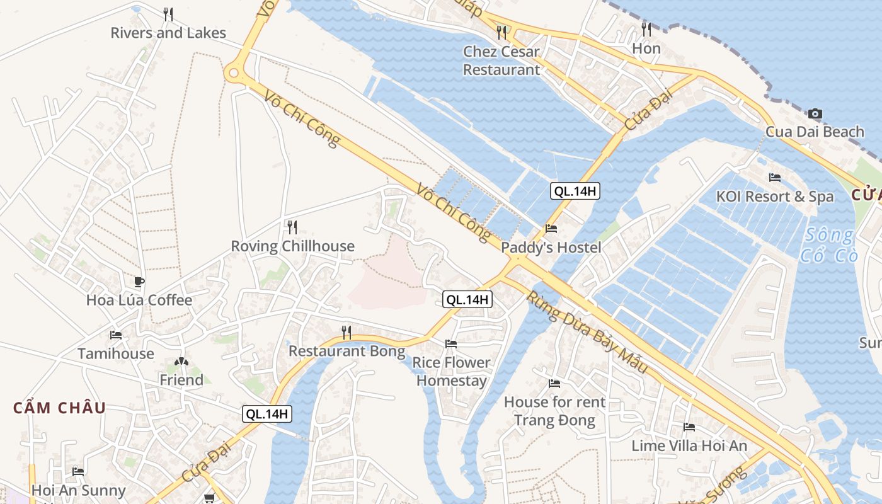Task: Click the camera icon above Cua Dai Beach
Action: coord(815,114)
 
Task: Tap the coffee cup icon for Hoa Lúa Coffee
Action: coord(139,282)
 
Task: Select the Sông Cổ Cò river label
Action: coord(828,246)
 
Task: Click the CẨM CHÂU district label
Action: coord(60,408)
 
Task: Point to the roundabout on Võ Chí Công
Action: coord(235,73)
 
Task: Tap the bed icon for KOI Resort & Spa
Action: coord(775,178)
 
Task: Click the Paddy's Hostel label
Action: coord(551,248)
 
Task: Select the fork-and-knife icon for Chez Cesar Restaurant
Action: coord(501,31)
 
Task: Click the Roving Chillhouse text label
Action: coord(292,246)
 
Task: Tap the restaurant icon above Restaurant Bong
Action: coord(346,332)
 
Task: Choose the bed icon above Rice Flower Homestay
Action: coord(451,343)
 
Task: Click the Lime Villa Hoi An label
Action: coord(689,445)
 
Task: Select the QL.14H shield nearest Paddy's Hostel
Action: coord(575,191)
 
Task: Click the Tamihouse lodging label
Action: coord(116,353)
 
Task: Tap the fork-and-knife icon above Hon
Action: coord(646,29)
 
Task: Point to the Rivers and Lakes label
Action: coord(168,33)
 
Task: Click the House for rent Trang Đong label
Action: coord(554,411)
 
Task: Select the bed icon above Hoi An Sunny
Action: coord(78,471)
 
